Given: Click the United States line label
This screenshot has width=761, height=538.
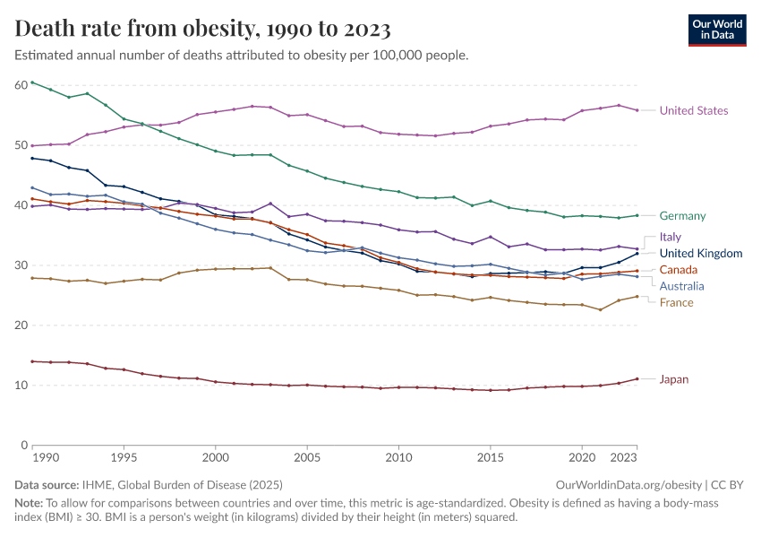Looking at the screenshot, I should click(693, 111).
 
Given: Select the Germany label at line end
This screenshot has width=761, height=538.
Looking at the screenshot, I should click(682, 216).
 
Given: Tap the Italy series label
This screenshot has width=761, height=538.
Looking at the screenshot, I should click(671, 238).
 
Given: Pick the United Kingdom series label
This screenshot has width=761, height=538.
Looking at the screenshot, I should click(701, 254).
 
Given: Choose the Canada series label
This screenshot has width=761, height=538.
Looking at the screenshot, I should click(679, 270).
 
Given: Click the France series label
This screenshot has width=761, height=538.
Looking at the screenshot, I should click(676, 303).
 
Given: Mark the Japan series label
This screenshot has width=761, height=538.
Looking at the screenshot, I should click(674, 379).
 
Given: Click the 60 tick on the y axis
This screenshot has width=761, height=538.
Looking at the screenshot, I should click(21, 85).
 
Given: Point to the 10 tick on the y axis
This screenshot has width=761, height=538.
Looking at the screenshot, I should click(21, 386).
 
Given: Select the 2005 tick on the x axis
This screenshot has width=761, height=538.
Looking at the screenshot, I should click(307, 457).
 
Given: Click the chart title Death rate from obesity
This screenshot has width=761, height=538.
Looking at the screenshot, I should click(203, 30).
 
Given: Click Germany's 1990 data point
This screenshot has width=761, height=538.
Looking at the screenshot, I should click(32, 82).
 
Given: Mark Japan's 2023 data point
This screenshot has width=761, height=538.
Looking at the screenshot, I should click(637, 379).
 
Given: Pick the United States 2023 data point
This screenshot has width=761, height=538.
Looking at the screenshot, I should click(637, 110).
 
